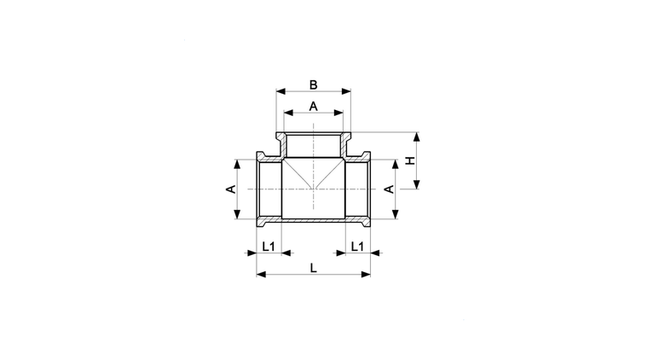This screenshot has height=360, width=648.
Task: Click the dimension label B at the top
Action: [313, 84]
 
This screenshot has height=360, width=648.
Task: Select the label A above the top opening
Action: [313, 107]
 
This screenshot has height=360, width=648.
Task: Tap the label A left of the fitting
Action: [231, 189]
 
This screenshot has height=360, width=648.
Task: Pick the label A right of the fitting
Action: [390, 189]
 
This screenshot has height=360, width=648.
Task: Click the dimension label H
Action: [410, 160]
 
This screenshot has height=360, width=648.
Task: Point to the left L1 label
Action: [269, 247]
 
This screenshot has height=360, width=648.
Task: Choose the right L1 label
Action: [357, 247]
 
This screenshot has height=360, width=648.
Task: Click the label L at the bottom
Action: [313, 268]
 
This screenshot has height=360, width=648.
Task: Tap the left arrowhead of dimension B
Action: [281, 91]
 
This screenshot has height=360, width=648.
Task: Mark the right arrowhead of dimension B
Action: [346, 91]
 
